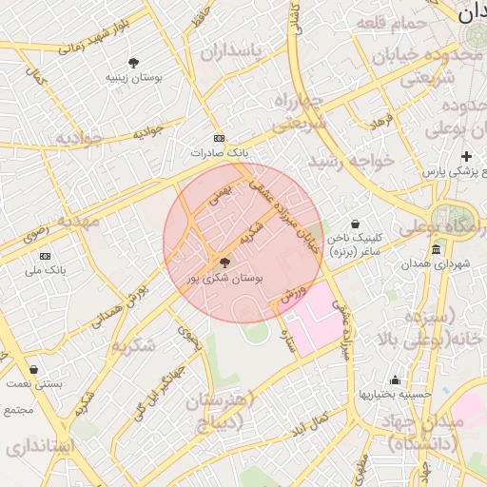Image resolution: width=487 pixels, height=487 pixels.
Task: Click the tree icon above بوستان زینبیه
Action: click(132, 62)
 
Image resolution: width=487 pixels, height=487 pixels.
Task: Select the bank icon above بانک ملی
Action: click(45, 256)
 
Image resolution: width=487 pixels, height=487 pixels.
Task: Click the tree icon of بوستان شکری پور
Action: click(224, 263)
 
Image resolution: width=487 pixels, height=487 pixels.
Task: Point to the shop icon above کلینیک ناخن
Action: click(355, 224)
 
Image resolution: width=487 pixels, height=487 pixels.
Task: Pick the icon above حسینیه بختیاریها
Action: click(395, 380)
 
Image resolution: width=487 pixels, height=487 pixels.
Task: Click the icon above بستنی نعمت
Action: click(34, 369)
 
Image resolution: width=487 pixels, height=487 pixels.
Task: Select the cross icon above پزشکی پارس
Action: click(466, 156)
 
